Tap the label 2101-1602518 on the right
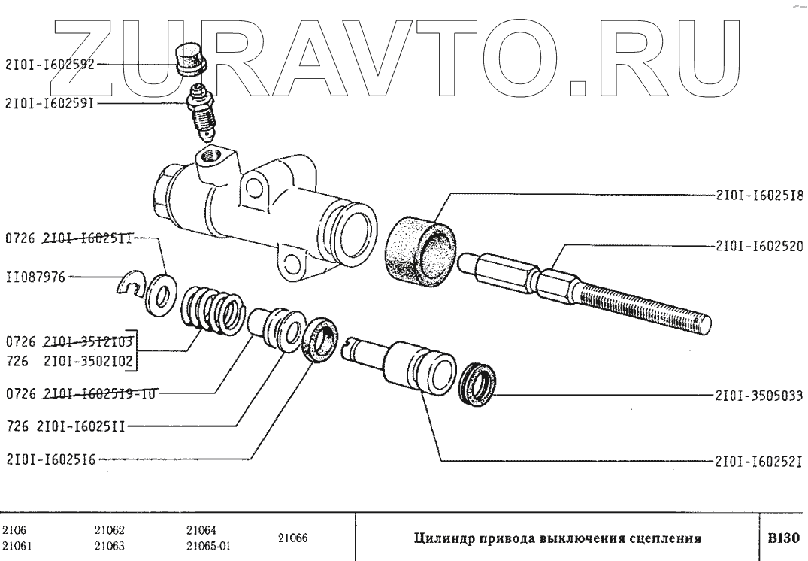[757, 194]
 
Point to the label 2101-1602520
[757, 245]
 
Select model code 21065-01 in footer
[208, 547]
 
